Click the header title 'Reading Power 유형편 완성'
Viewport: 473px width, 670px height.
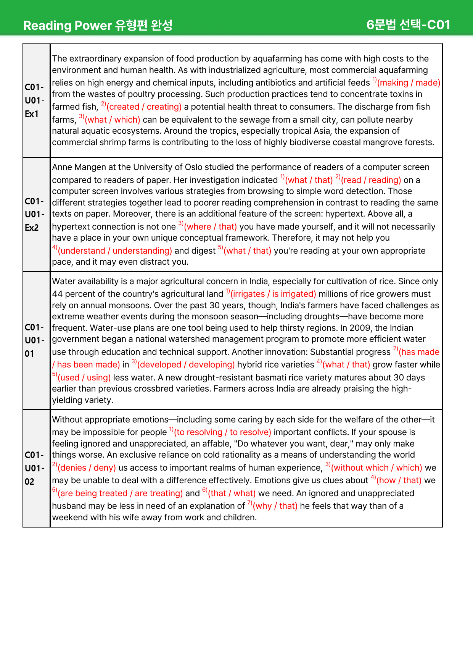click(x=98, y=25)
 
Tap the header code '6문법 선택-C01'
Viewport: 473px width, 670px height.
click(x=408, y=25)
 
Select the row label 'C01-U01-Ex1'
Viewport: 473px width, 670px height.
click(x=34, y=100)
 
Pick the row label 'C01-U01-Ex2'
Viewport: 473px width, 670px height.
click(x=34, y=214)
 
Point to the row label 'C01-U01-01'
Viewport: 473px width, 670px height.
click(x=34, y=340)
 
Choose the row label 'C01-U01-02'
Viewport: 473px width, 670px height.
click(x=34, y=468)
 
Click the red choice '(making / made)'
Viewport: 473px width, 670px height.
click(x=409, y=83)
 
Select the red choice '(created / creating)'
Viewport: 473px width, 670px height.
click(x=144, y=107)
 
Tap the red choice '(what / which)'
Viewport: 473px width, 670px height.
click(x=113, y=120)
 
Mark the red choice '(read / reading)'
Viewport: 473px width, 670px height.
click(x=371, y=180)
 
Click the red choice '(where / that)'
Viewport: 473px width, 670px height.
click(x=210, y=227)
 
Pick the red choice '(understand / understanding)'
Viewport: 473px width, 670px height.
click(x=115, y=251)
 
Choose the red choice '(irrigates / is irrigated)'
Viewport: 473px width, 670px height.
click(x=273, y=294)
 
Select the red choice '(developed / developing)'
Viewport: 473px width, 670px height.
click(x=186, y=365)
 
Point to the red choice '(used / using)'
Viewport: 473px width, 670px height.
click(x=84, y=378)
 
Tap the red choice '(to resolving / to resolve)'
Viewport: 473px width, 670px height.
click(x=222, y=432)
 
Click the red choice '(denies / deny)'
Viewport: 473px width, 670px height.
click(x=87, y=468)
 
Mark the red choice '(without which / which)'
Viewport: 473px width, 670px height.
click(x=376, y=468)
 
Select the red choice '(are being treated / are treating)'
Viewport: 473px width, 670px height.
click(x=120, y=494)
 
